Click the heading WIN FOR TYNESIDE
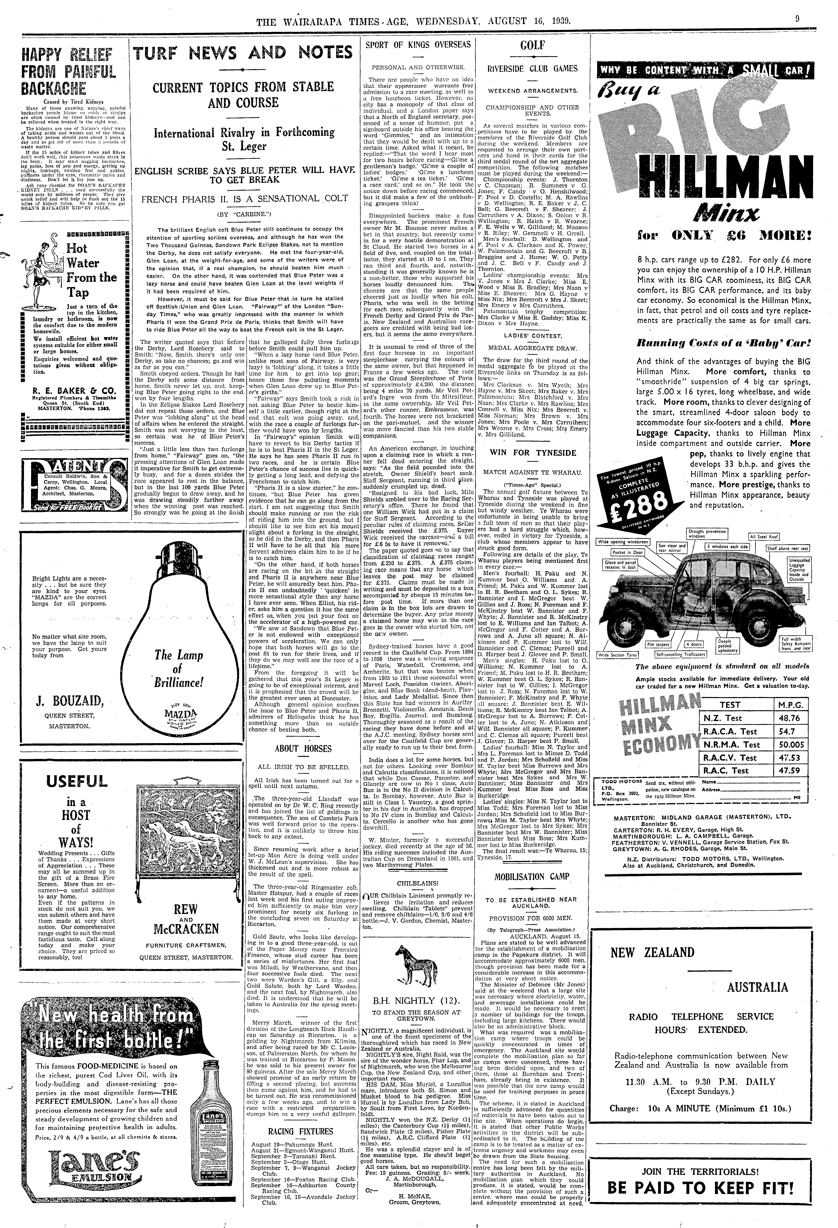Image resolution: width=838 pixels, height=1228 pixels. [x=532, y=453]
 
